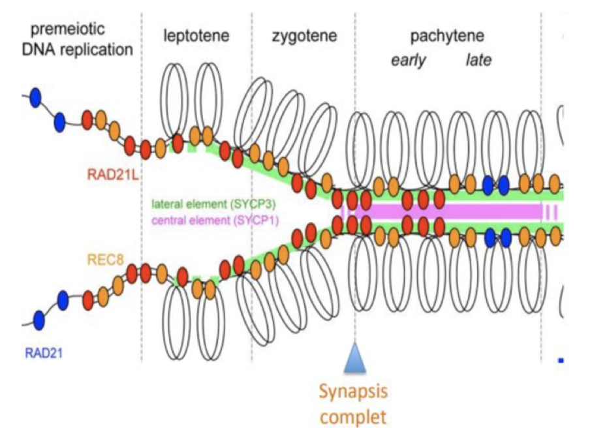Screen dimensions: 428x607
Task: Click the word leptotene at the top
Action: pyautogui.click(x=196, y=36)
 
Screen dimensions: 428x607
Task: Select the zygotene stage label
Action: pyautogui.click(x=304, y=36)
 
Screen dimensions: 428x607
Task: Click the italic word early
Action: pyautogui.click(x=409, y=61)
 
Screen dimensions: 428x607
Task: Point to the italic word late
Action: pyautogui.click(x=478, y=61)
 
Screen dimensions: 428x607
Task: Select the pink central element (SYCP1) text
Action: pyautogui.click(x=215, y=220)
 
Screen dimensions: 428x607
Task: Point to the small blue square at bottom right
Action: pyautogui.click(x=560, y=359)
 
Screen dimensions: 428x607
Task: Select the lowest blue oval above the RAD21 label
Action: pyautogui.click(x=39, y=320)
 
